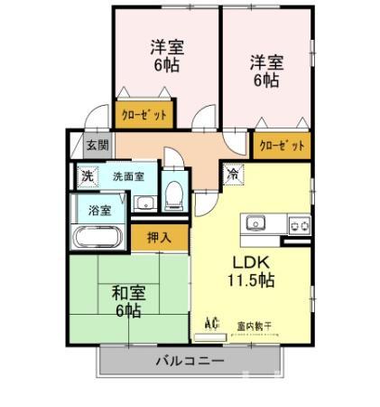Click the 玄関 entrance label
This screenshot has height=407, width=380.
click(97, 145)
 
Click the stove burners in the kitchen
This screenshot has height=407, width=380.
click(297, 223)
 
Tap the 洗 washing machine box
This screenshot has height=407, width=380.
click(87, 176)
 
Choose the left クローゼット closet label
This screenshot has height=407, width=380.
click(144, 116)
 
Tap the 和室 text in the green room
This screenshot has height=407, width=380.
click(127, 293)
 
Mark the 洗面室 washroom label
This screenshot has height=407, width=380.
click(127, 176)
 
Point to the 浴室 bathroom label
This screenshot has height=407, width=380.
click(99, 210)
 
